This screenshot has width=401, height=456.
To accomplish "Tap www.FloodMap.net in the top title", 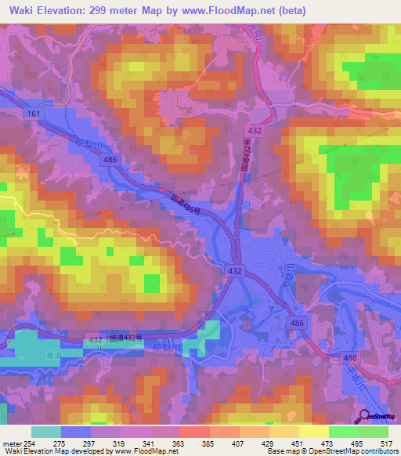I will pos(223,11).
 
